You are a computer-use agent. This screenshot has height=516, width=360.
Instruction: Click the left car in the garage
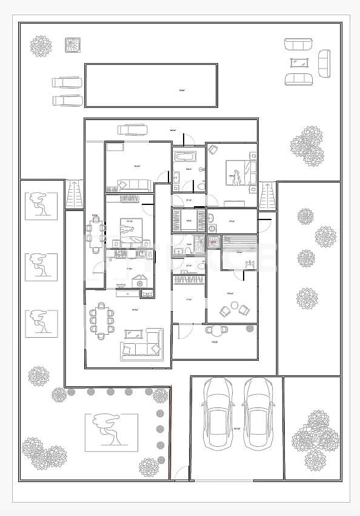tap(218, 414)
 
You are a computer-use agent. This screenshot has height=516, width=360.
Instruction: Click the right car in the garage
tap(258, 414)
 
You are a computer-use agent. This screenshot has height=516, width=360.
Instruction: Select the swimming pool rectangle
tap(151, 85)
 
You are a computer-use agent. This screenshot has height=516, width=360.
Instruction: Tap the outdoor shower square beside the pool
tap(73, 45)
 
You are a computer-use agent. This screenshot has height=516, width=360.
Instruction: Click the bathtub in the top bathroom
tap(182, 158)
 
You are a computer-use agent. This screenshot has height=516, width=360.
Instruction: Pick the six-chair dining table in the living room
tap(101, 320)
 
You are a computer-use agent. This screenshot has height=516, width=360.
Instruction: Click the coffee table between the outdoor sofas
tap(299, 62)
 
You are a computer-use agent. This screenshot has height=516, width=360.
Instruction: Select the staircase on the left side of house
tap(73, 194)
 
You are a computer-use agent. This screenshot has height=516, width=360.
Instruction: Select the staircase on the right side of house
tap(267, 195)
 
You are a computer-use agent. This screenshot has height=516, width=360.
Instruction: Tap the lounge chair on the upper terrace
tap(132, 129)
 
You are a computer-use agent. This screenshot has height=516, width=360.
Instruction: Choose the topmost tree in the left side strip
tap(41, 206)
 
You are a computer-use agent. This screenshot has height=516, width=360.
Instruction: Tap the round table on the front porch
tap(216, 329)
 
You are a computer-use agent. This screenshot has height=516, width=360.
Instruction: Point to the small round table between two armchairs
tap(235, 308)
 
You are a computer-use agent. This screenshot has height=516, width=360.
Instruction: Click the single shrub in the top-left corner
tap(41, 45)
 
